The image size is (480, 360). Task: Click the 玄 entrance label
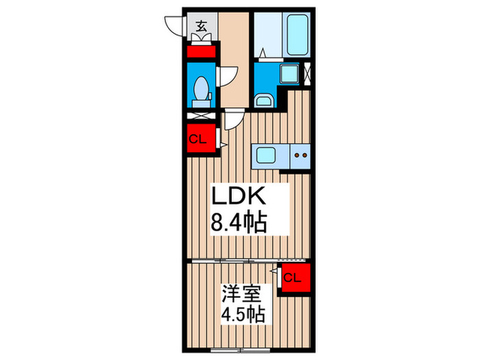pos(202,27)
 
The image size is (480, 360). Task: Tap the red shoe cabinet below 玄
pos(202,51)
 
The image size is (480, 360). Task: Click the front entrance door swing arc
pos(175,26)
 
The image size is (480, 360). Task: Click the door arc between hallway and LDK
pos(232,120)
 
